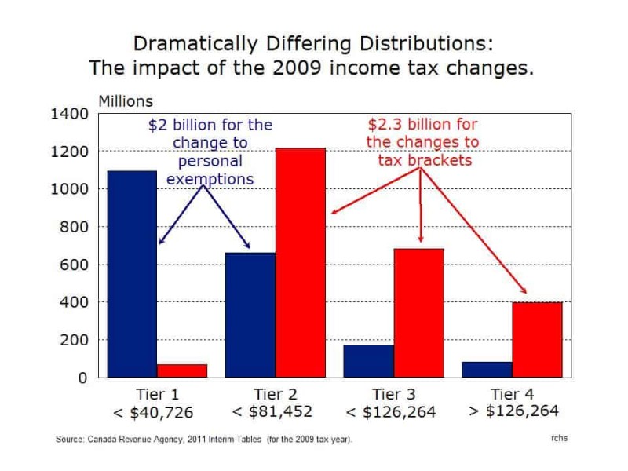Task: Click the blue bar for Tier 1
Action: click(x=132, y=275)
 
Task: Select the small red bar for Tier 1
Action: click(x=182, y=371)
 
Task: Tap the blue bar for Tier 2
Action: click(x=250, y=315)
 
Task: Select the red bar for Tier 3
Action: click(x=418, y=313)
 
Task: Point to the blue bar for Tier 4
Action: click(x=487, y=369)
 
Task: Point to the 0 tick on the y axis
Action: click(x=82, y=378)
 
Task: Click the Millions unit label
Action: click(x=126, y=101)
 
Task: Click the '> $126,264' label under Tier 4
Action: click(x=513, y=411)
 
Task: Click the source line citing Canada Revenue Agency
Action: click(x=204, y=439)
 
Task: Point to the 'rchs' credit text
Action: click(x=559, y=438)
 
